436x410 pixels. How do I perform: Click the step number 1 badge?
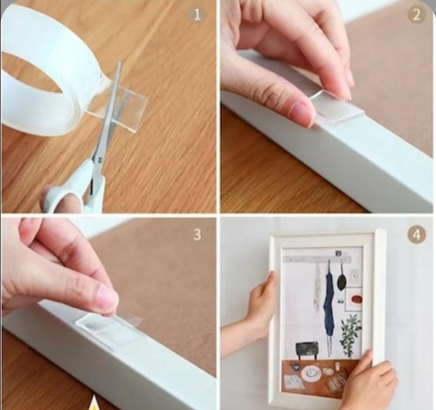(197, 15)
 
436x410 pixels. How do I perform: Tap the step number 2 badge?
(416, 15)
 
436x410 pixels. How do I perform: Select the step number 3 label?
(197, 235)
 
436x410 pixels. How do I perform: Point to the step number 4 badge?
(417, 235)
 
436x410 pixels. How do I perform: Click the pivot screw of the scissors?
(100, 160)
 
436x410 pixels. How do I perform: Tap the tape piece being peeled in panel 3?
(108, 328)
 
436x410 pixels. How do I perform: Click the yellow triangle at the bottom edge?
(95, 403)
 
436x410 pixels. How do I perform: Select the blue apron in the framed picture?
(328, 301)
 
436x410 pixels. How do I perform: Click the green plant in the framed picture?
(351, 334)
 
